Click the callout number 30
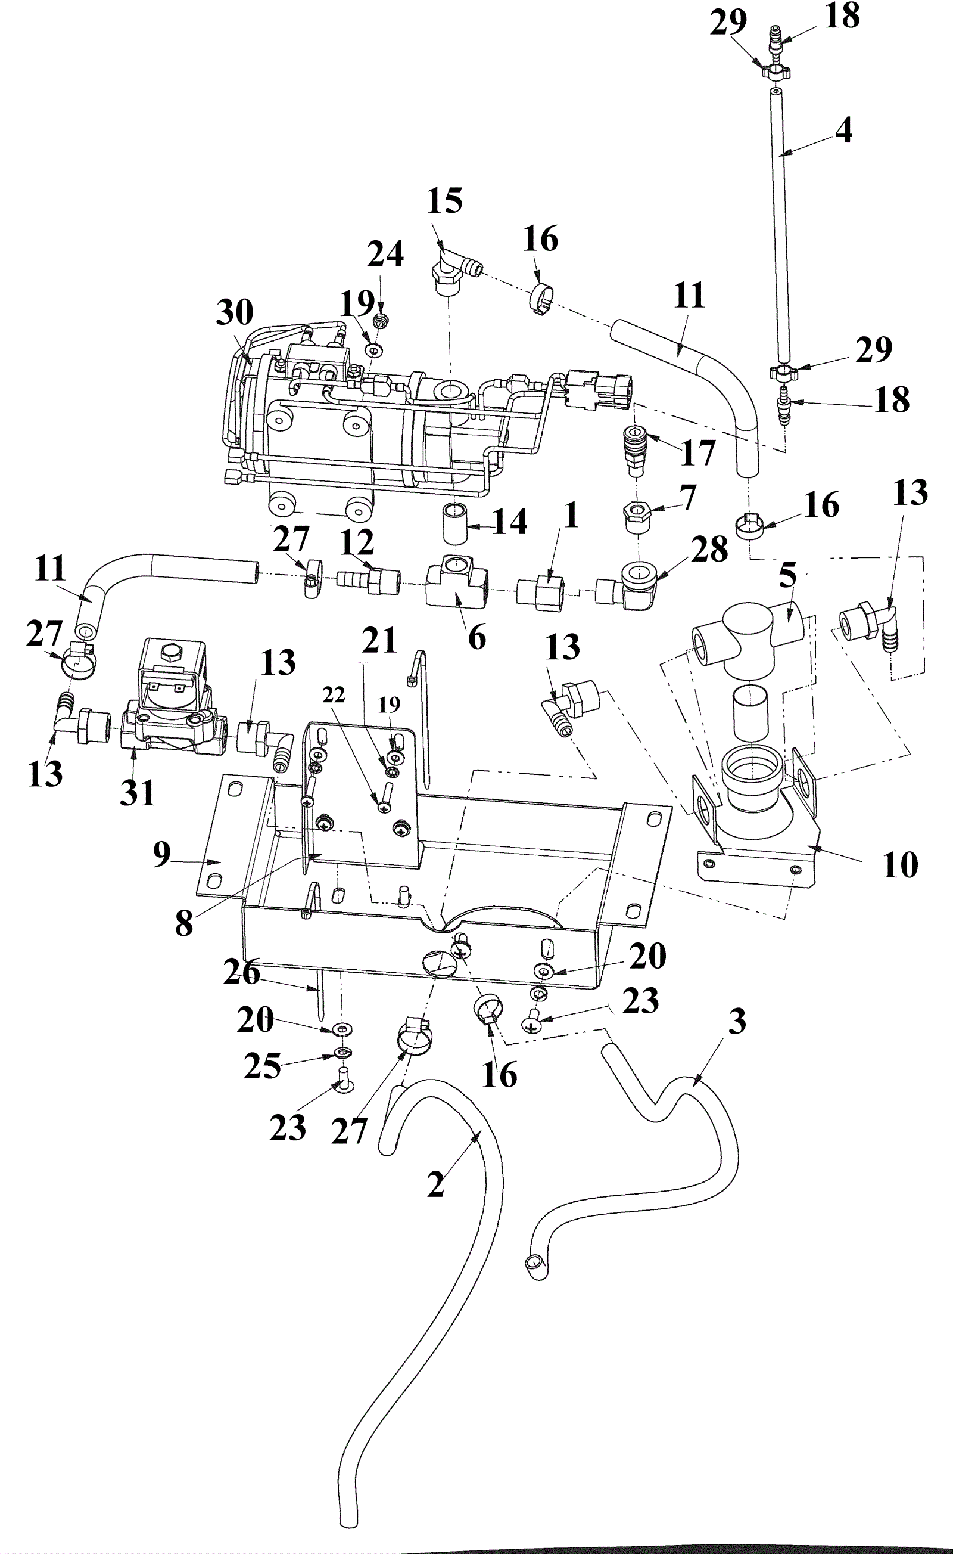pyautogui.click(x=235, y=312)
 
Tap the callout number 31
pyautogui.click(x=138, y=793)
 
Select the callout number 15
pyautogui.click(x=444, y=201)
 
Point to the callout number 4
pyautogui.click(x=844, y=131)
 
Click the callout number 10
pyautogui.click(x=900, y=865)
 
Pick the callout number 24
pyautogui.click(x=385, y=254)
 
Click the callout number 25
pyautogui.click(x=262, y=1066)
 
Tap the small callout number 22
pyautogui.click(x=334, y=695)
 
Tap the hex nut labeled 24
pyautogui.click(x=381, y=321)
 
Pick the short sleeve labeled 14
pyautogui.click(x=455, y=523)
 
